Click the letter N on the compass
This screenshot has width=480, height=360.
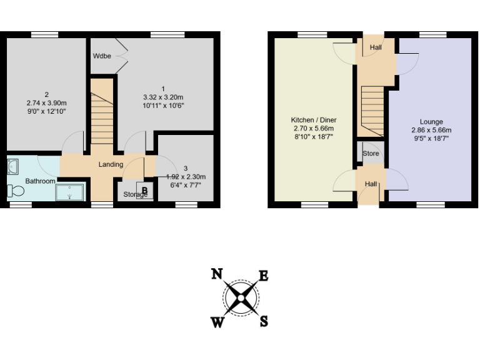pyautogui.click(x=217, y=274)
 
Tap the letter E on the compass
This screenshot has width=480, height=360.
pyautogui.click(x=264, y=276)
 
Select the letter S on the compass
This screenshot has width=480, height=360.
pyautogui.click(x=264, y=321)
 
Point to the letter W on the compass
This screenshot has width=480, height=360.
pyautogui.click(x=217, y=322)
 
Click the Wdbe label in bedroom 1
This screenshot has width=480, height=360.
pyautogui.click(x=102, y=56)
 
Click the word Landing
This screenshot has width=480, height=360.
pyautogui.click(x=111, y=164)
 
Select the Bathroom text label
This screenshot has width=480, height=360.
pyautogui.click(x=40, y=181)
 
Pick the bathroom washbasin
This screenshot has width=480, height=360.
pyautogui.click(x=14, y=166)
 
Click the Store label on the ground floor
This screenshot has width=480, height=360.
pyautogui.click(x=370, y=154)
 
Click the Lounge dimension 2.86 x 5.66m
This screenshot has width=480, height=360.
pyautogui.click(x=431, y=130)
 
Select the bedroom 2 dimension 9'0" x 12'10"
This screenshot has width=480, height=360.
pyautogui.click(x=46, y=111)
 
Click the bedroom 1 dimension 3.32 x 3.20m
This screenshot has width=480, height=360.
pyautogui.click(x=162, y=97)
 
